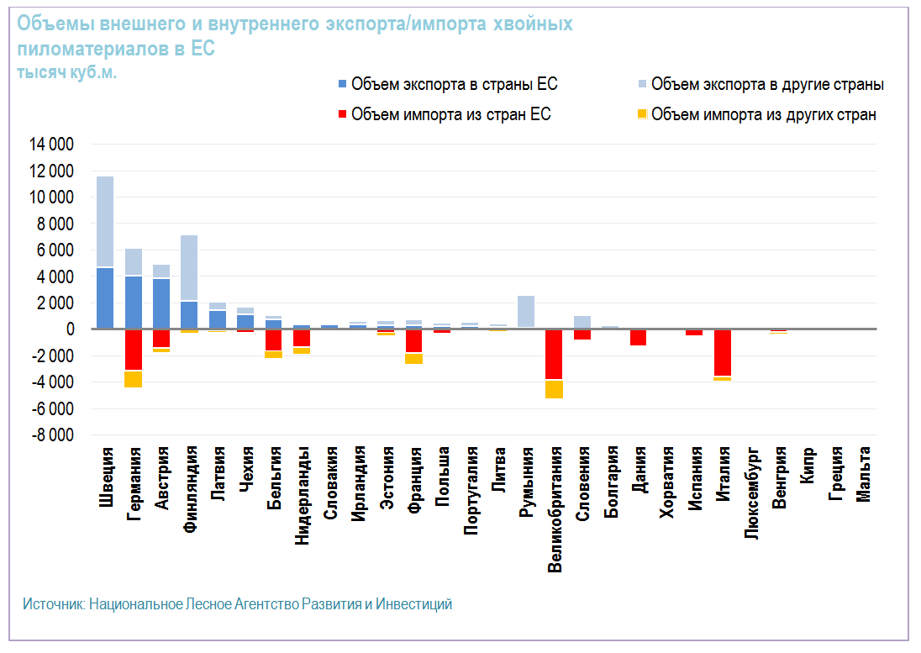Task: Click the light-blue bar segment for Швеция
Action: [105, 221]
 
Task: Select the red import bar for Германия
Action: [134, 350]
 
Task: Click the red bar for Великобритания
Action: [554, 355]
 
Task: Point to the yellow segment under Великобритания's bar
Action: [554, 388]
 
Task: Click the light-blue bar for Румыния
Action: [526, 311]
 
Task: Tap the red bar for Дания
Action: [638, 337]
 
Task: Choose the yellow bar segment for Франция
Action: [413, 359]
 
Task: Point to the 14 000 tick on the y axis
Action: [52, 145]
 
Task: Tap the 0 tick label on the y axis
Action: [71, 329]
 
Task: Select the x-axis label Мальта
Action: [863, 476]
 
